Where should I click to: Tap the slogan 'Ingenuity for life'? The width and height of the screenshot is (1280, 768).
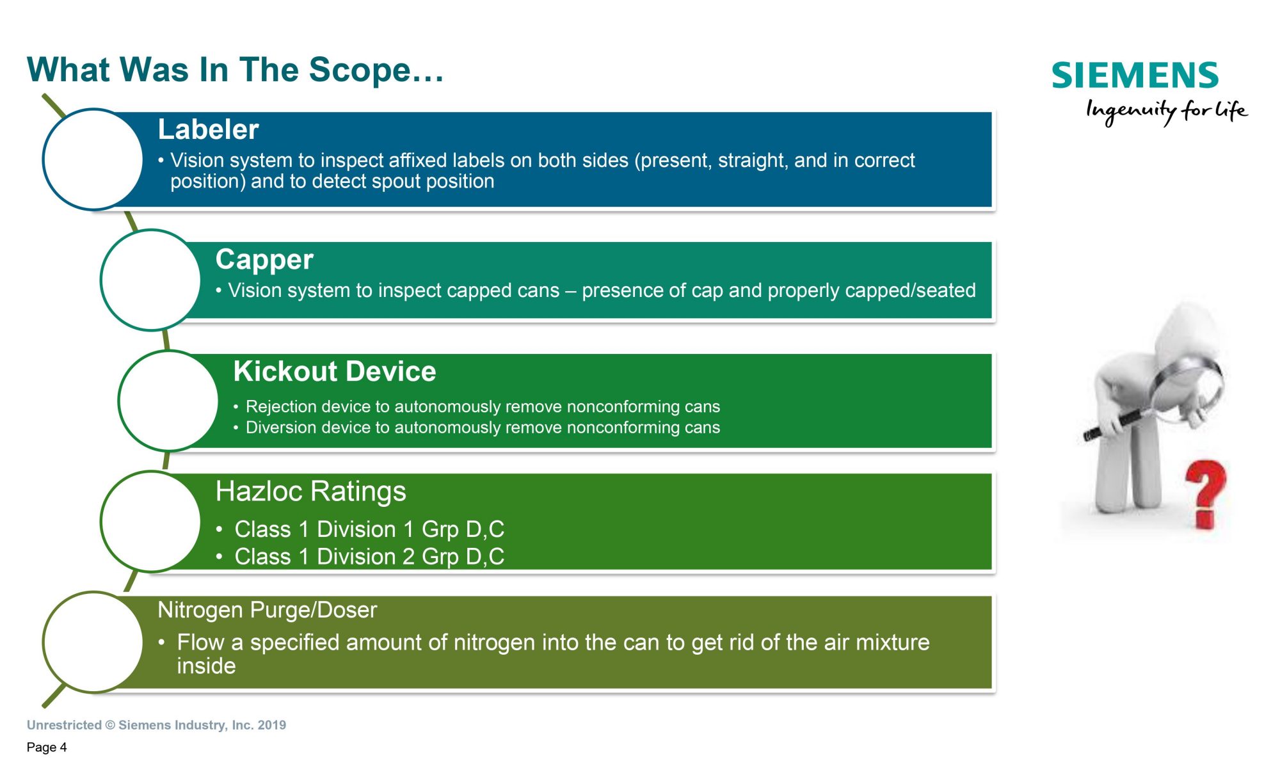coord(1167,111)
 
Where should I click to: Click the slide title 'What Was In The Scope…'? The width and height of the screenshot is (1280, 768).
coord(235,70)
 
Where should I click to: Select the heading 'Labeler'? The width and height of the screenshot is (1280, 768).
coord(208,129)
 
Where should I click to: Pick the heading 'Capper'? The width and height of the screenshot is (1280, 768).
coord(264,260)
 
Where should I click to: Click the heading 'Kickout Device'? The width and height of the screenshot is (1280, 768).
coord(335,371)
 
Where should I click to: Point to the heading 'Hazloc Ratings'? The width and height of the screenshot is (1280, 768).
coord(310,492)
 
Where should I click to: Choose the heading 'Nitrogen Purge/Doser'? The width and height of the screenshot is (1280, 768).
coord(268,610)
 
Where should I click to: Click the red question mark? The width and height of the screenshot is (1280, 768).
coord(1206,494)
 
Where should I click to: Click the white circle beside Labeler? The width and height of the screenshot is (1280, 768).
coord(93,159)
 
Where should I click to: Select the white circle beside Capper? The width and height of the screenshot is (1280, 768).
coord(151,280)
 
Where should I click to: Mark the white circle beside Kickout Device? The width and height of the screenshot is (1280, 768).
coord(169,401)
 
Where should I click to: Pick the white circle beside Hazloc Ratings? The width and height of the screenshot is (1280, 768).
coord(151,522)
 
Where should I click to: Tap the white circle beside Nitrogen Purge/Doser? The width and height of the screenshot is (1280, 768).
coord(93,642)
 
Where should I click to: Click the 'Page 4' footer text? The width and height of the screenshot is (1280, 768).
coord(47,747)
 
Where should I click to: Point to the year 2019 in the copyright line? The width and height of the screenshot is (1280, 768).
coord(272,725)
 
